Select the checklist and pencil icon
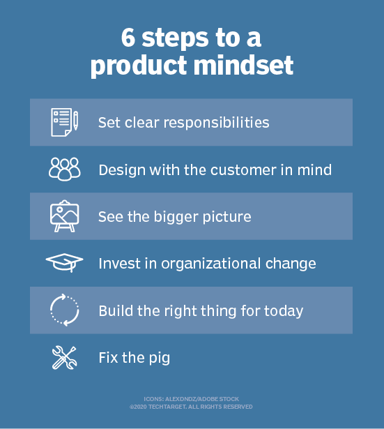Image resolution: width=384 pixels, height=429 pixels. [x=65, y=122]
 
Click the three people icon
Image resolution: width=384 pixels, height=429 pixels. [x=65, y=170]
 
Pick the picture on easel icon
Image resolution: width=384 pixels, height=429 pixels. [x=65, y=216]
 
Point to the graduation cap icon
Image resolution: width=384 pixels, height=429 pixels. [x=65, y=263]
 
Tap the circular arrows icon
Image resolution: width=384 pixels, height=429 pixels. [x=65, y=310]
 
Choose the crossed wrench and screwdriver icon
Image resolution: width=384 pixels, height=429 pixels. [x=65, y=358]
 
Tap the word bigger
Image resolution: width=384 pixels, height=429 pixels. [x=158, y=217]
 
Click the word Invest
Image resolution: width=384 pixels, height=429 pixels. [x=119, y=264]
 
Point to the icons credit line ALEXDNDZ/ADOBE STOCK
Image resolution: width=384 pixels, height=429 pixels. [x=191, y=398]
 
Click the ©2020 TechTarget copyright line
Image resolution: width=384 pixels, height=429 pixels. [x=191, y=407]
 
